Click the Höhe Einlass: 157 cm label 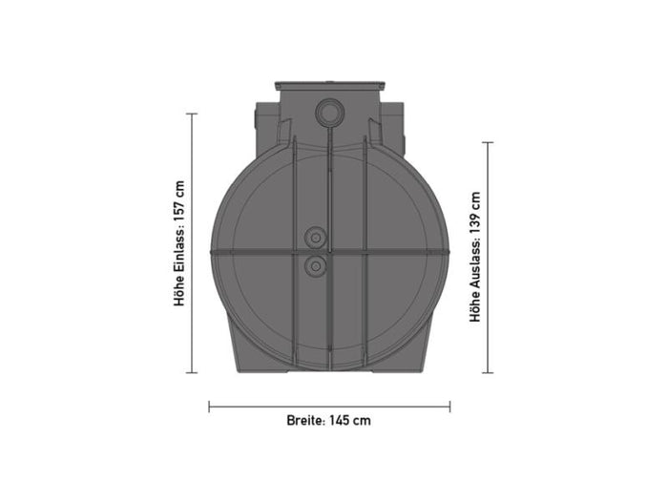[178, 243]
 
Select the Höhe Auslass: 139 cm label [474, 257]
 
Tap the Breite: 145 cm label [328, 420]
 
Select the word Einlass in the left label [178, 250]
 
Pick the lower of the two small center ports [314, 264]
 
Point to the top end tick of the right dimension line [488, 142]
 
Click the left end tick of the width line [210, 406]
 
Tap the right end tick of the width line [449, 406]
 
